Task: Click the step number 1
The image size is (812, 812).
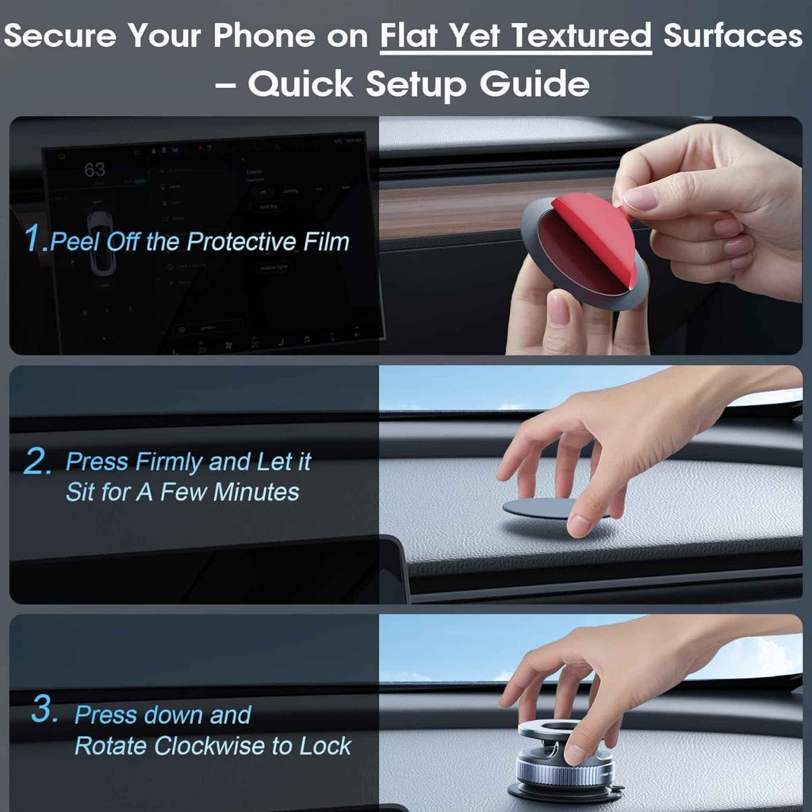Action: coord(36,239)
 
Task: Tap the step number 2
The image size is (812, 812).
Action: coord(37,462)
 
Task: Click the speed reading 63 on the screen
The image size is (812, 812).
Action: coord(94,170)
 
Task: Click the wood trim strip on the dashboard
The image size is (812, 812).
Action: coord(460,208)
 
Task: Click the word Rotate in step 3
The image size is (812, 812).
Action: coord(110,745)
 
